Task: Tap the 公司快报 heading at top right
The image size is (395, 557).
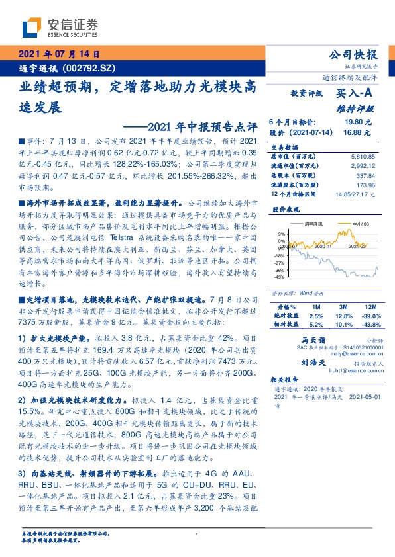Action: pyautogui.click(x=353, y=54)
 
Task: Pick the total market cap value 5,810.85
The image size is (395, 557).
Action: pyautogui.click(x=361, y=156)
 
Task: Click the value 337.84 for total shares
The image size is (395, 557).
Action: pyautogui.click(x=365, y=176)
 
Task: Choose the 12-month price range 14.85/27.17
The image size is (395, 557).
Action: pyautogui.click(x=355, y=194)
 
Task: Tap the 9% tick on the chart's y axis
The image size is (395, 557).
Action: pyautogui.click(x=281, y=234)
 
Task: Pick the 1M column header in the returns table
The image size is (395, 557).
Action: pyautogui.click(x=315, y=308)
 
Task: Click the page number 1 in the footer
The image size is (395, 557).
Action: pyautogui.click(x=197, y=535)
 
